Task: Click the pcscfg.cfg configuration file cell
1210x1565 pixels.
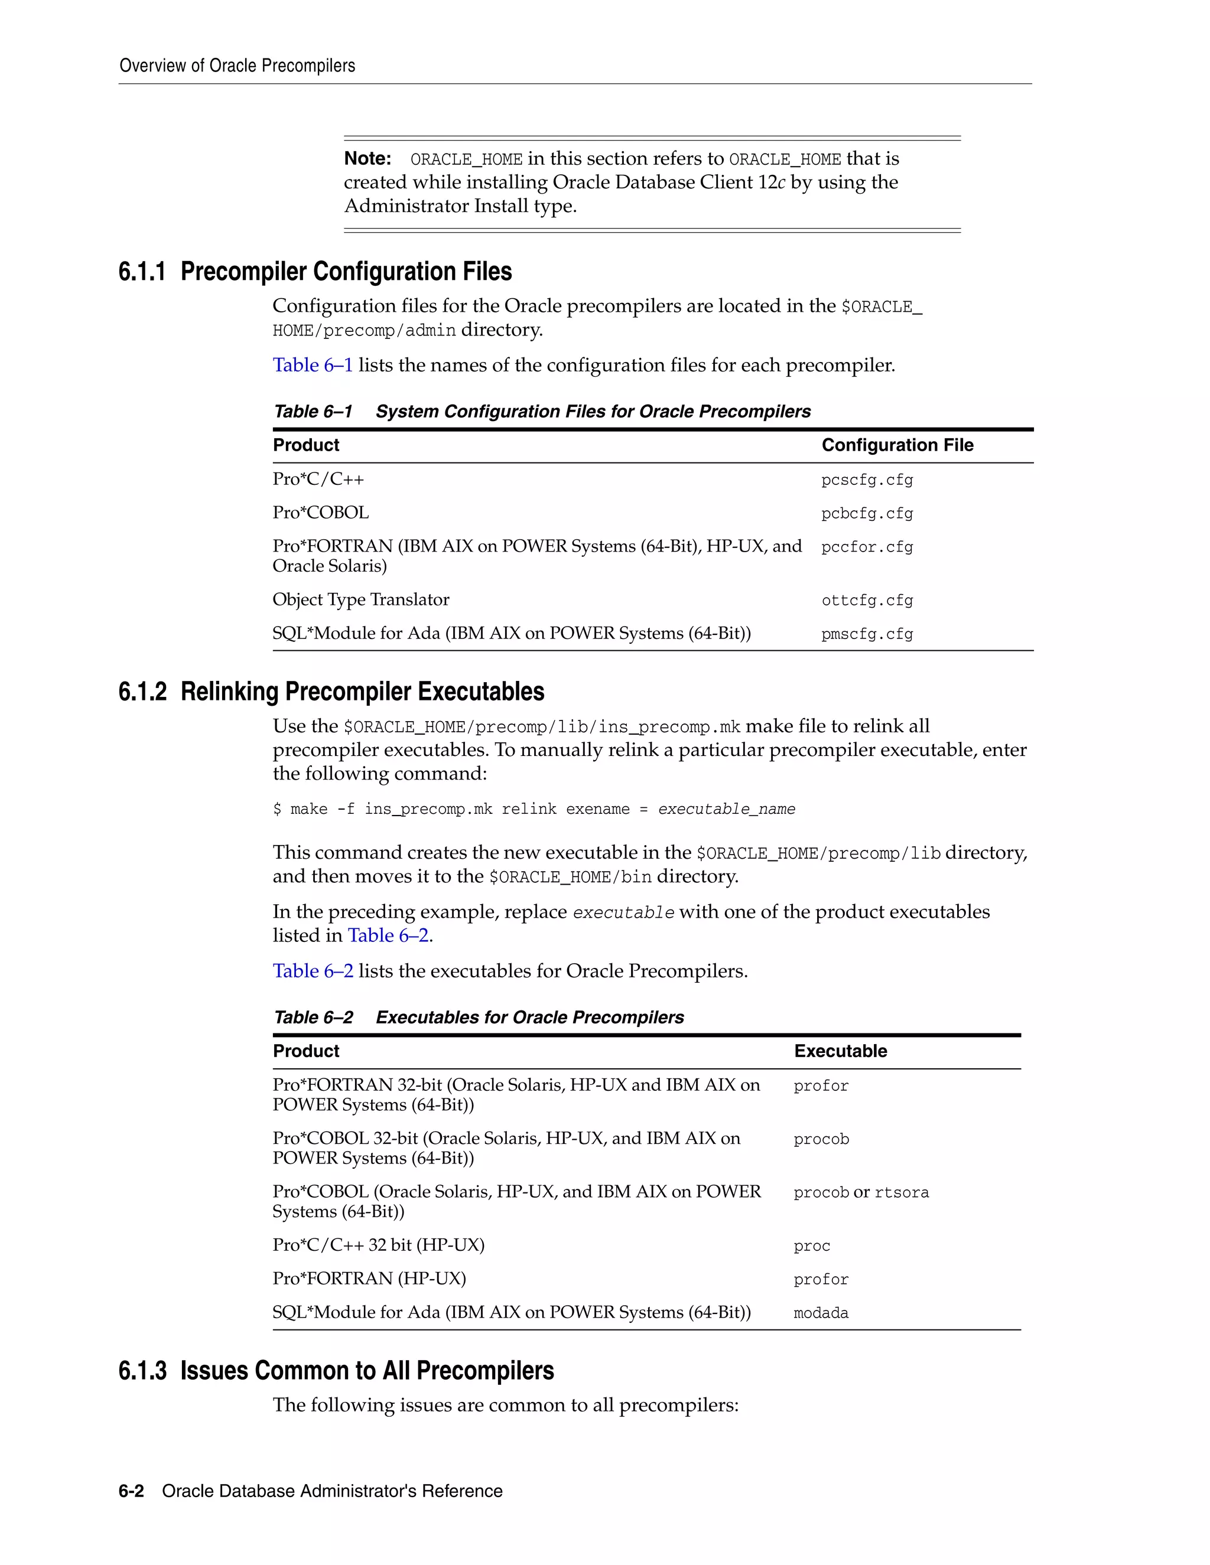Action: point(867,480)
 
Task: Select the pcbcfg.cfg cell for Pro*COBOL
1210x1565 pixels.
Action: point(867,514)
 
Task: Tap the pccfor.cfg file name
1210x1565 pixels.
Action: point(867,547)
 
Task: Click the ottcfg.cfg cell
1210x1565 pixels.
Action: point(867,601)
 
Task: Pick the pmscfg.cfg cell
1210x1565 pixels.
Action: point(867,634)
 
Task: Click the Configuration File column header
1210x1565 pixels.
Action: point(897,445)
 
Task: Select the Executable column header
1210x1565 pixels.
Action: point(840,1051)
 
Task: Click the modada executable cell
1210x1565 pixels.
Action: point(821,1313)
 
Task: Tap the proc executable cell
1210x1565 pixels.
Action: point(811,1246)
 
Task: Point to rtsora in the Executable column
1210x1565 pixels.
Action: point(901,1193)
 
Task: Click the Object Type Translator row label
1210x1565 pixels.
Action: point(360,600)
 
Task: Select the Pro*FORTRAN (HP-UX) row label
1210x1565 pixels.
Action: point(369,1279)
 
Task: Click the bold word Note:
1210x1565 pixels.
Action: point(367,158)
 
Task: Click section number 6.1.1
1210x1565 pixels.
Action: point(142,272)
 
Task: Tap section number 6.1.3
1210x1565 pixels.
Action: point(142,1371)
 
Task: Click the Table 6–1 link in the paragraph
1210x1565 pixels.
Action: point(313,366)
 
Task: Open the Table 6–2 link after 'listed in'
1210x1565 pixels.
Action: point(388,936)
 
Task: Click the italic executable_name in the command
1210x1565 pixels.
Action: point(726,810)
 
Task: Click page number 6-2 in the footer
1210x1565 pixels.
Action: point(131,1491)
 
